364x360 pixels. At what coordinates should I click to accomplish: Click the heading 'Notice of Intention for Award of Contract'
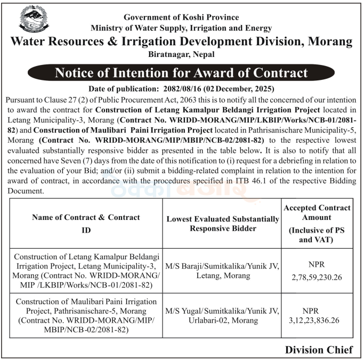pos(182,72)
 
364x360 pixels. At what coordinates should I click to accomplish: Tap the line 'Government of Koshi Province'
pos(181,17)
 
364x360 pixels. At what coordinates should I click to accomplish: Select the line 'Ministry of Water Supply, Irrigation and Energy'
pos(181,28)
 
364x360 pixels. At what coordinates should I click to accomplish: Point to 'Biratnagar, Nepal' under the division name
pos(182,54)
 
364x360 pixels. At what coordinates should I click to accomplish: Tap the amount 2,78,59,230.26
pos(317,277)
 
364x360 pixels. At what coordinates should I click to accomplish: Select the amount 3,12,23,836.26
pos(317,322)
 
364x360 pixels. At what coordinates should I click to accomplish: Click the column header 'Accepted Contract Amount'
pos(317,212)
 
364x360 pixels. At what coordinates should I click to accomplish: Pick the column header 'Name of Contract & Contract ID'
pos(86,223)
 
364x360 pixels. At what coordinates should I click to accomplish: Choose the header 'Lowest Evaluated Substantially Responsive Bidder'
pos(222,224)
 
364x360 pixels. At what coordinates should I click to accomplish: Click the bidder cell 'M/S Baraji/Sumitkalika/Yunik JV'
pos(222,265)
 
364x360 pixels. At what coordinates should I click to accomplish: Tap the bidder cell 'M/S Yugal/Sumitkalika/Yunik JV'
pos(222,310)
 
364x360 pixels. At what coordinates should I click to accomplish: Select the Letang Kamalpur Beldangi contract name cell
pos(86,271)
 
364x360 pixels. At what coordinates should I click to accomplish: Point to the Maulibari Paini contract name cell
pos(86,316)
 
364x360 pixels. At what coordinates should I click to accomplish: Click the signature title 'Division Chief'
pos(319,350)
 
